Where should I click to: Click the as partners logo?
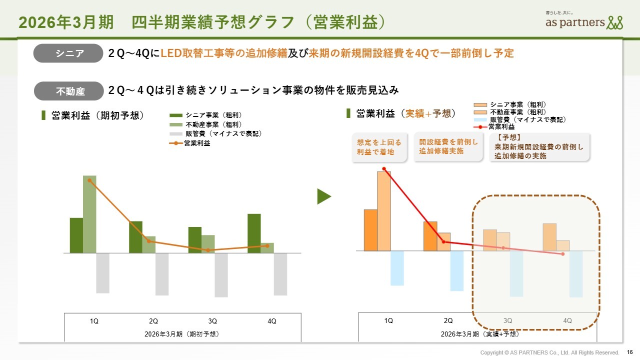point(584,21)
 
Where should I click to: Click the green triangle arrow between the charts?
point(324,196)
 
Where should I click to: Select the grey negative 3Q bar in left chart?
point(221,275)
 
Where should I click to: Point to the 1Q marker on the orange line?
point(89,180)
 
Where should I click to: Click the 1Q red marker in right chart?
point(384,169)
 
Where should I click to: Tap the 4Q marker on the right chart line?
point(563,254)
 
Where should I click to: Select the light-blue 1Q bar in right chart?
point(397,268)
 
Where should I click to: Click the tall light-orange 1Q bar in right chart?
point(384,210)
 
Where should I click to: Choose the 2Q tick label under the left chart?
point(153,321)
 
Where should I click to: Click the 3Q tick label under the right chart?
point(508,321)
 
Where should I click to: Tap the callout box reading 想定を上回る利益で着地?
point(379,147)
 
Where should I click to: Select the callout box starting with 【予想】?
point(539,146)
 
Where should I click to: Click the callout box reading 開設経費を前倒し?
point(448,146)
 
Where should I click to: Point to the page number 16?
point(629,352)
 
